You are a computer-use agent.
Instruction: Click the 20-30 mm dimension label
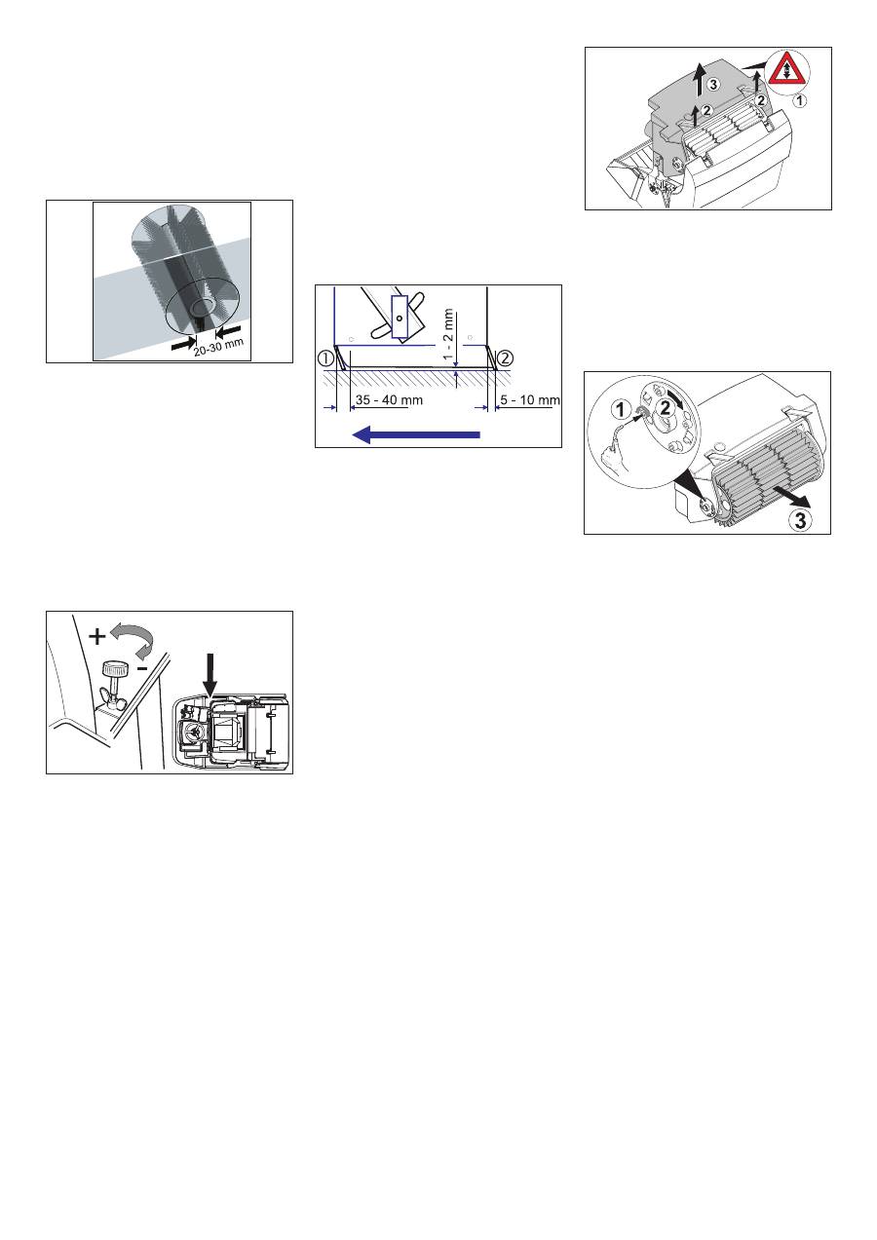(x=218, y=348)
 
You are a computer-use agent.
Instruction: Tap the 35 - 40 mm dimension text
(x=389, y=399)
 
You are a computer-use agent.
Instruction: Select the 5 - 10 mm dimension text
(x=530, y=399)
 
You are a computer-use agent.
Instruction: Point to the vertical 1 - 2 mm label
(x=448, y=334)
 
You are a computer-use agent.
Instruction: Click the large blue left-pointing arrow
(x=416, y=434)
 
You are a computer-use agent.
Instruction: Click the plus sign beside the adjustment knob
(x=96, y=637)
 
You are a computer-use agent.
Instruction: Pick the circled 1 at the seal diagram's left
(x=326, y=358)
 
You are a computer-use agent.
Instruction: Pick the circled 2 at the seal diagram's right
(x=505, y=358)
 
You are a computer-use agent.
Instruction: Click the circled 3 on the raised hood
(x=713, y=85)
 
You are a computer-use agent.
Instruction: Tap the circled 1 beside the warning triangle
(x=800, y=100)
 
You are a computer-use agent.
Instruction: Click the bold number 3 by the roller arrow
(x=800, y=520)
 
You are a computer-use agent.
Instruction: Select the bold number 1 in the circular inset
(x=622, y=411)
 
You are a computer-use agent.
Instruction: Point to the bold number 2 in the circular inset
(x=665, y=408)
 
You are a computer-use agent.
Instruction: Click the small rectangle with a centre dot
(x=400, y=317)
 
